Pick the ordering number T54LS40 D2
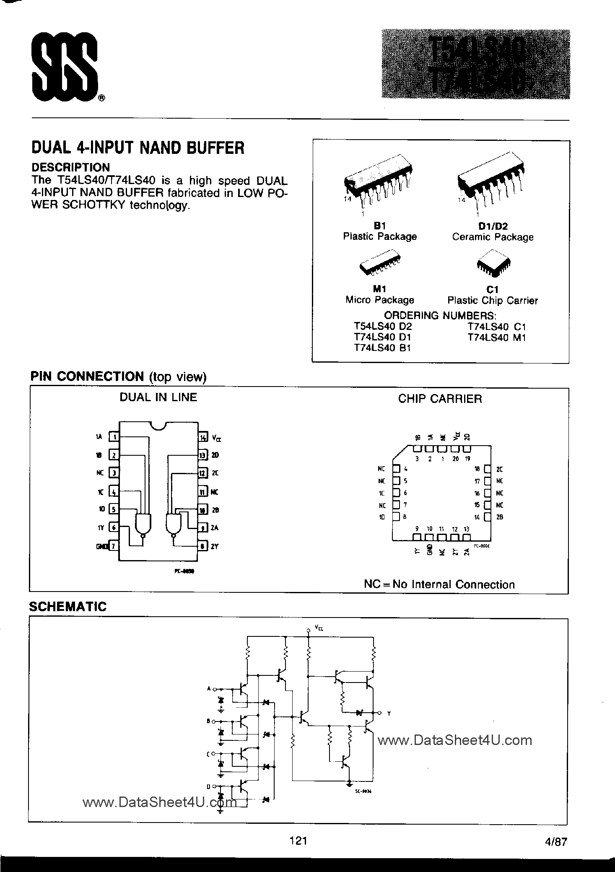click(383, 327)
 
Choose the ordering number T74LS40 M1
click(496, 337)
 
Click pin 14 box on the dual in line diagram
click(203, 437)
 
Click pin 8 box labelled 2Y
click(203, 546)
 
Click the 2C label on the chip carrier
click(499, 469)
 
